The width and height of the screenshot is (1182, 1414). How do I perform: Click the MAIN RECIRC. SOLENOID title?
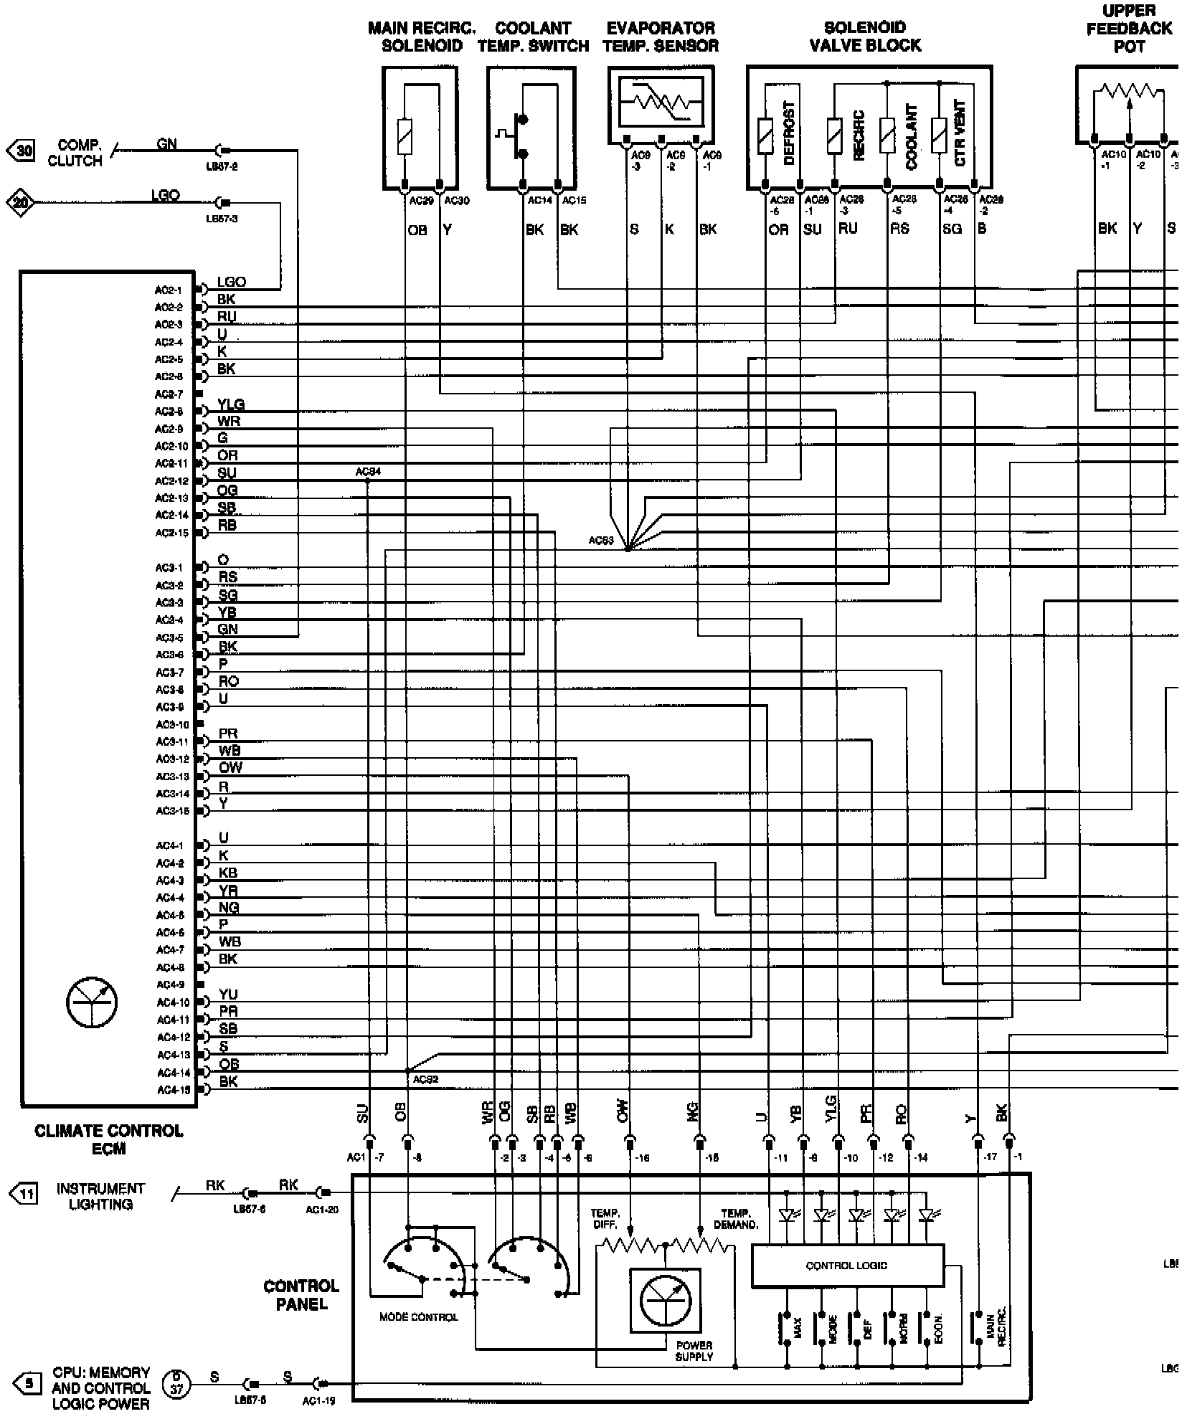(x=422, y=37)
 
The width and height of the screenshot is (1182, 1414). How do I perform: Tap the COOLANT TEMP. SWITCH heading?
(x=533, y=37)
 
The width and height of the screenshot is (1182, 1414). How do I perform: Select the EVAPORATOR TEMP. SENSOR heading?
(x=661, y=37)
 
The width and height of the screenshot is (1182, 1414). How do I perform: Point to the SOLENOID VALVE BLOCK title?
(x=865, y=37)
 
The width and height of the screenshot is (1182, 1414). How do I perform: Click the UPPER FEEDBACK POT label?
(x=1129, y=29)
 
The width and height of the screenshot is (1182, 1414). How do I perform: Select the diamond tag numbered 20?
(x=20, y=203)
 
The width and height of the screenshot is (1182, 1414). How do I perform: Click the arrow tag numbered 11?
(x=23, y=1194)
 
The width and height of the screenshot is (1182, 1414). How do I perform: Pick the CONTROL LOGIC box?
(x=846, y=1266)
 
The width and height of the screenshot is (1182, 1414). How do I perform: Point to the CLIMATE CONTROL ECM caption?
(x=109, y=1139)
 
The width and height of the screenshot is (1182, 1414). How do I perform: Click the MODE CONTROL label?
(x=418, y=1317)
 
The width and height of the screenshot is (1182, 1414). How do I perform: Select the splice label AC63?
(x=601, y=541)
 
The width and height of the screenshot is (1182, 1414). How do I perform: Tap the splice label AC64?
(x=368, y=472)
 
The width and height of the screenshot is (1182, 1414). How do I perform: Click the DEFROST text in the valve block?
(x=789, y=134)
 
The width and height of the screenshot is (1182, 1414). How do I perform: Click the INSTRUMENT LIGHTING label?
(x=100, y=1197)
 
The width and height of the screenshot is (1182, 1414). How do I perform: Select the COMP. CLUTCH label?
(x=75, y=153)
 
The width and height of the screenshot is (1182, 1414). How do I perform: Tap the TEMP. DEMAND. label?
(x=736, y=1219)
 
